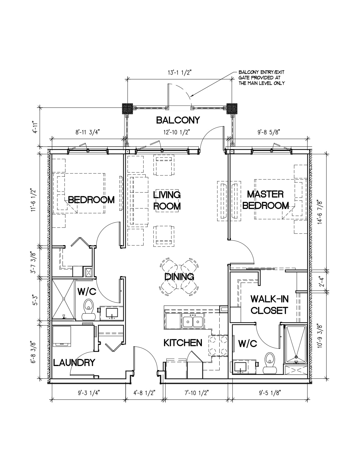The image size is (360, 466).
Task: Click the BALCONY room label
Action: click(x=178, y=120)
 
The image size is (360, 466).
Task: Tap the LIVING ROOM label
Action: click(x=167, y=201)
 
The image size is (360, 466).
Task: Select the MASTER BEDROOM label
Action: click(x=265, y=200)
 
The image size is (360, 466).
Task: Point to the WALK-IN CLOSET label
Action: click(x=269, y=305)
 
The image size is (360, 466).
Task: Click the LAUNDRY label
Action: click(x=74, y=363)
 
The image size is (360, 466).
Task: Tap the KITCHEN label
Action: click(x=183, y=343)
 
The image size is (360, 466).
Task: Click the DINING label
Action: click(x=179, y=277)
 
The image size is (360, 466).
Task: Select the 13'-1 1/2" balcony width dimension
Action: click(x=179, y=73)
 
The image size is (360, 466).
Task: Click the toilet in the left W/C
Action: click(x=88, y=310)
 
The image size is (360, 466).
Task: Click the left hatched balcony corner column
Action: click(x=127, y=109)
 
